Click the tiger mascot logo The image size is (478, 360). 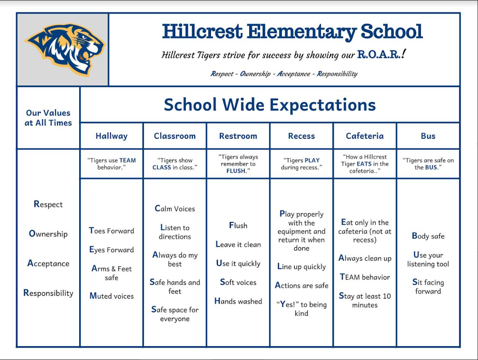(x=65, y=49)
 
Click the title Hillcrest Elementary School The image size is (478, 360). (x=292, y=32)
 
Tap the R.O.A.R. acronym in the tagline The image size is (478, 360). (x=378, y=54)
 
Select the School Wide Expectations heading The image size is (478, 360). (x=270, y=105)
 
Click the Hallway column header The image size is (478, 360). (x=111, y=136)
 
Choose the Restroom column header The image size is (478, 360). (x=238, y=136)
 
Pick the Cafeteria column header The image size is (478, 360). (x=364, y=136)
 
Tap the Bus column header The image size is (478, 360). (x=428, y=136)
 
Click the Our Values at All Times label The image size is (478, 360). (x=48, y=118)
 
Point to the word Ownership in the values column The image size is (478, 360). (x=48, y=234)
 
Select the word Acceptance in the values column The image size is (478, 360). (x=48, y=263)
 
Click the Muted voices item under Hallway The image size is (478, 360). (x=111, y=296)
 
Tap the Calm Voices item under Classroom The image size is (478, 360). (x=175, y=209)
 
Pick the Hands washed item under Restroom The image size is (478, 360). (x=238, y=301)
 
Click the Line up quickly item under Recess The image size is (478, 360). (x=301, y=267)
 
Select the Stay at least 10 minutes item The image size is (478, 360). (x=364, y=300)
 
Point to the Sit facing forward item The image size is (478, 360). (x=428, y=286)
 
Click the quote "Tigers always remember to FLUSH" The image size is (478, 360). (x=238, y=164)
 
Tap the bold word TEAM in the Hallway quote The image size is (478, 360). (x=127, y=160)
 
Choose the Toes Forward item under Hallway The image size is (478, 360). (x=111, y=231)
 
